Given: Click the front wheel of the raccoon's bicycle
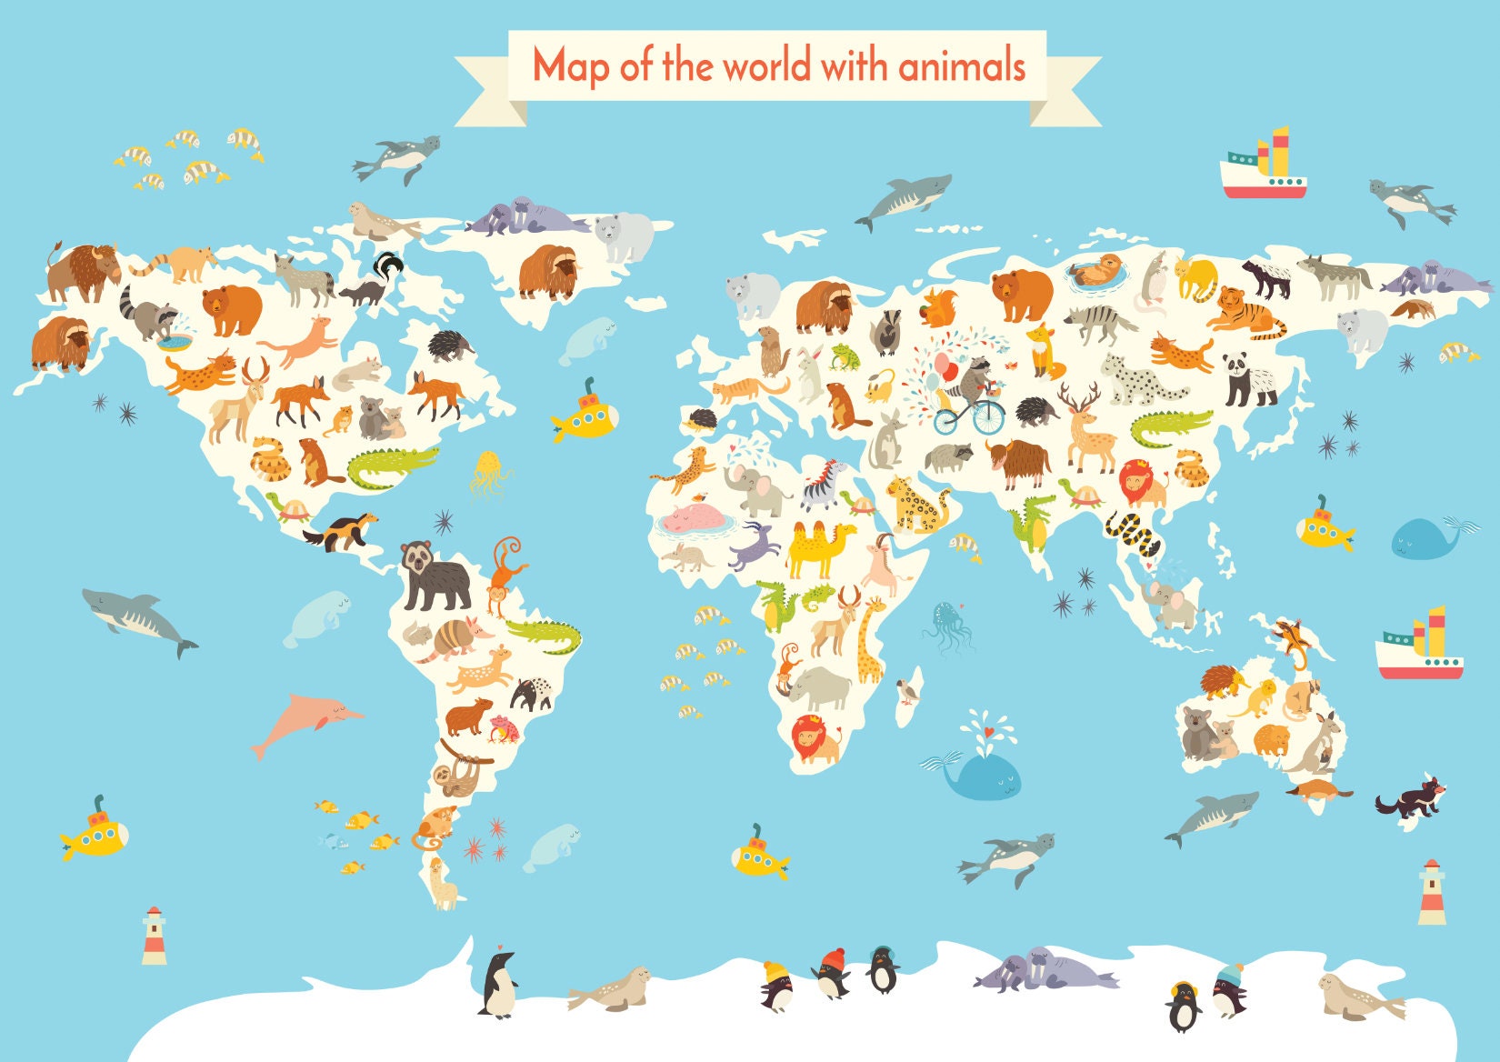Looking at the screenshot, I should pos(988,417).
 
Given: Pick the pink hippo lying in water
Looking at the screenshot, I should pos(693,521).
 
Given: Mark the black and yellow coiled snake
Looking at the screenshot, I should pos(1133,534).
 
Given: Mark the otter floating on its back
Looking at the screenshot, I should pos(1098,269).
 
